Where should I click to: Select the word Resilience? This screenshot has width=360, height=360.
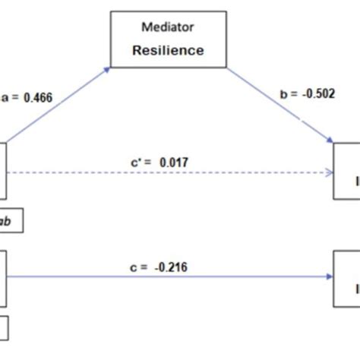(169, 51)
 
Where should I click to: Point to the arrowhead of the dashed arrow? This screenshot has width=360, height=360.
(330, 173)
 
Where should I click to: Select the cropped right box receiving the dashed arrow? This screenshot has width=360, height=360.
(348, 172)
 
